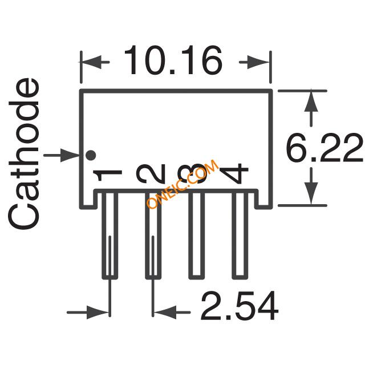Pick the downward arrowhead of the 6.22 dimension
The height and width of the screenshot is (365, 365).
[x=311, y=194]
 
